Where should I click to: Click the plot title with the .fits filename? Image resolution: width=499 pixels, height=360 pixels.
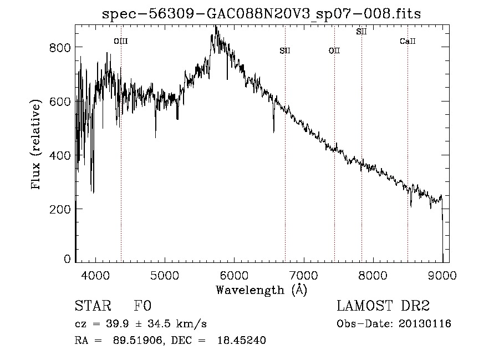click(262, 14)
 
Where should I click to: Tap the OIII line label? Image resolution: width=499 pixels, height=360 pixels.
click(120, 41)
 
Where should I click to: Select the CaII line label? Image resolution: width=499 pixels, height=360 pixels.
click(408, 41)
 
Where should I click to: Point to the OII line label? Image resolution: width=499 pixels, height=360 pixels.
click(334, 50)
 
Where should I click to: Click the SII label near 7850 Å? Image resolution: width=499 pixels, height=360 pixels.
click(361, 32)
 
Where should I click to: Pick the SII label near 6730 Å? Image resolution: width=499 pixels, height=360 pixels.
click(285, 50)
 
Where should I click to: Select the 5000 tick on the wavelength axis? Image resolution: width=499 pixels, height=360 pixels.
click(165, 275)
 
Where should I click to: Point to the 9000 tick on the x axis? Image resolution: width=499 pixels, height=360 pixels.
click(442, 275)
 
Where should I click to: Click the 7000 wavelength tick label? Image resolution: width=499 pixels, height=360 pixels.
click(303, 275)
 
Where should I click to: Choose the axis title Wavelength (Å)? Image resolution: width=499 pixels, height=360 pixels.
click(261, 290)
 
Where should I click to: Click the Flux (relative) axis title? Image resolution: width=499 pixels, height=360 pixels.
click(37, 145)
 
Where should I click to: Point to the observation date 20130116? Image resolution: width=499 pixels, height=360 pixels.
click(425, 324)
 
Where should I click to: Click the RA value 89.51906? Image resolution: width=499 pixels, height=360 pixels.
click(138, 341)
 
